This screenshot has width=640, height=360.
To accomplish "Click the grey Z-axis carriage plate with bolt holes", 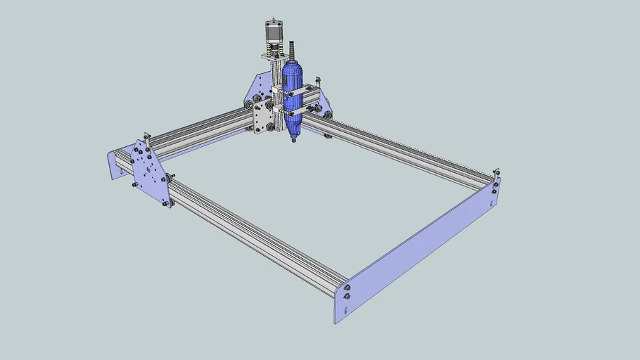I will pos(264,116).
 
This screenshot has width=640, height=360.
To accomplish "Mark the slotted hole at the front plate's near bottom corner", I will pos(347,297).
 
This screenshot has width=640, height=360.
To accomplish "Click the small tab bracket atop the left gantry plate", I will pos(146,136).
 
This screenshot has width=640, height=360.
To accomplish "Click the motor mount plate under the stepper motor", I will pos(274,55).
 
